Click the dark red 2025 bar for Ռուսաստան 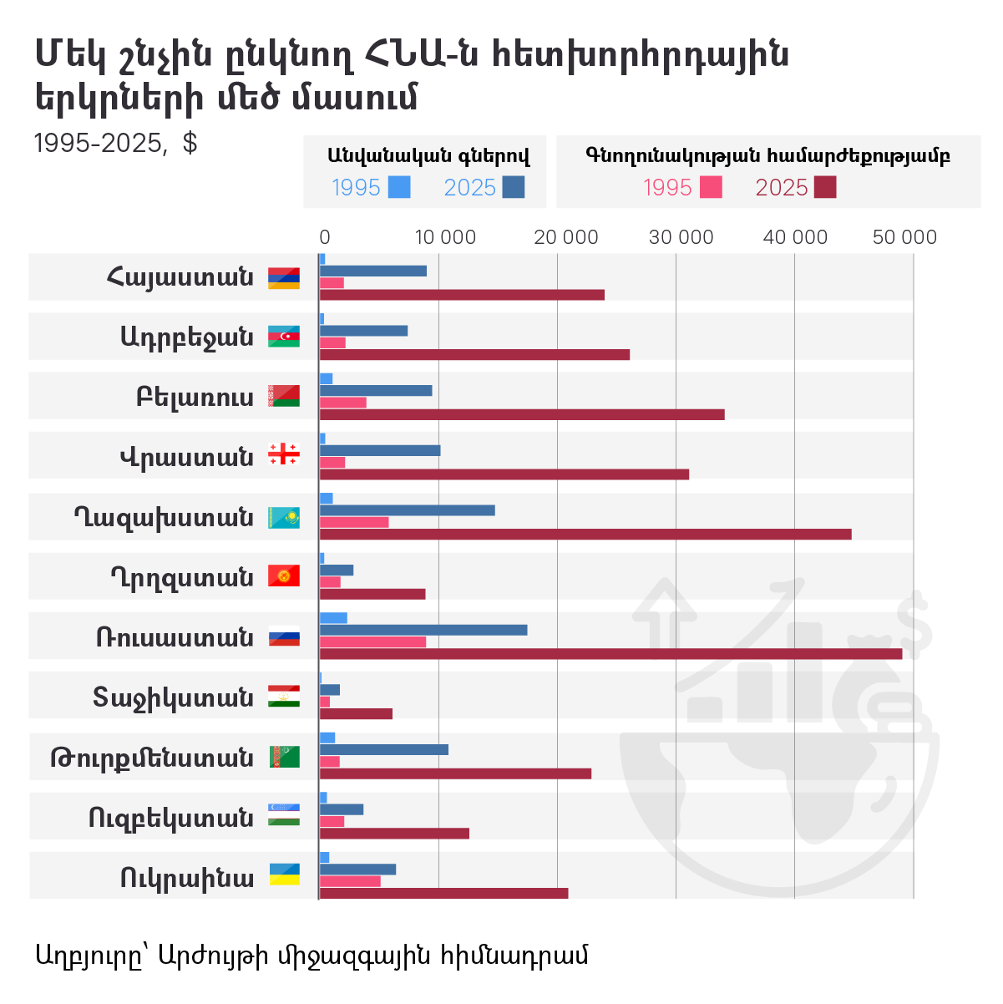click(610, 654)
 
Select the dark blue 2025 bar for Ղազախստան click(408, 510)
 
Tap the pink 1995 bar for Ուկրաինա click(350, 881)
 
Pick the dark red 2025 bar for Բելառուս click(522, 414)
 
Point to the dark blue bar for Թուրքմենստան click(384, 749)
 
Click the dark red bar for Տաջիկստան click(356, 713)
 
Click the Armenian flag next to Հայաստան click(283, 278)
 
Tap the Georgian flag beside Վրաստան click(283, 455)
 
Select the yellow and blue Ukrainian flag click(284, 875)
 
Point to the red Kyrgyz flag click(283, 576)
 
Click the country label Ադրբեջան click(186, 337)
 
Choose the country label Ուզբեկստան click(171, 817)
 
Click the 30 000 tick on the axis click(681, 237)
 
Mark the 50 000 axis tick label click(904, 237)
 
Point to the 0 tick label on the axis click(325, 237)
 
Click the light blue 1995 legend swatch click(400, 187)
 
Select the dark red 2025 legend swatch click(825, 187)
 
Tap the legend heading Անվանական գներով click(428, 155)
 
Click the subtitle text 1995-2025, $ click(115, 144)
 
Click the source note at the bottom click(312, 954)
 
